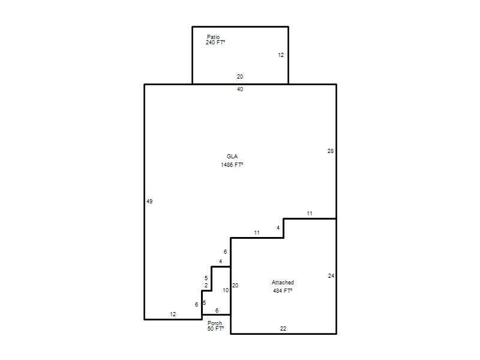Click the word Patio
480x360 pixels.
213,37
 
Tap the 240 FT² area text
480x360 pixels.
215,43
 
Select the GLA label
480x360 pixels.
232,157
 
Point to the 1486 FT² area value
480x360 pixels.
232,164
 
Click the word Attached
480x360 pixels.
283,282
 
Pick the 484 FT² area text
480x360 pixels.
283,290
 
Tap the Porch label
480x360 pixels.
215,323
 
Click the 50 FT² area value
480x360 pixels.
215,328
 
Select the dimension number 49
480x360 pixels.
149,202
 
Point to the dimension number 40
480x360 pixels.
240,89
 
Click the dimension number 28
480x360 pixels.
331,151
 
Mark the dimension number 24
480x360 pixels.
331,276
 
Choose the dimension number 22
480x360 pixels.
283,328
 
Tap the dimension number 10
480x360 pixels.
226,290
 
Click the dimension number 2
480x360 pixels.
206,286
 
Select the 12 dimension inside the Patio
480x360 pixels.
281,55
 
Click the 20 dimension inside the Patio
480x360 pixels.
240,77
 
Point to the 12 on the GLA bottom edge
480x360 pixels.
173,314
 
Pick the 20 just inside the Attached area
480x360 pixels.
235,286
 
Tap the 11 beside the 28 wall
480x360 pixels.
310,214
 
